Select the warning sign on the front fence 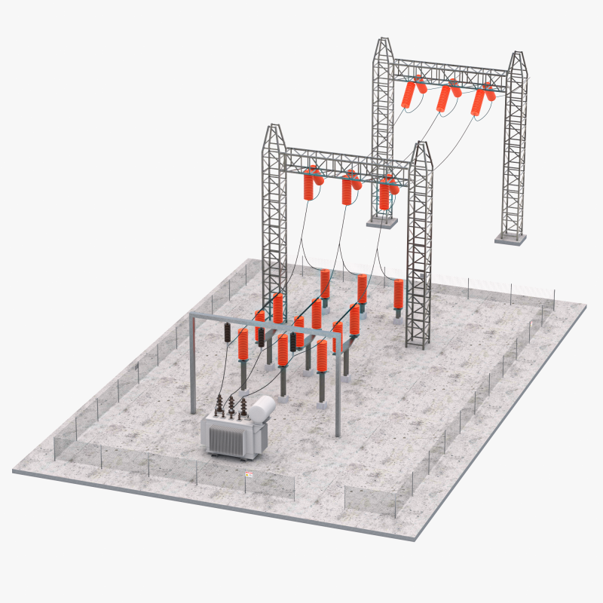click(248, 475)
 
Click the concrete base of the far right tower click(510, 238)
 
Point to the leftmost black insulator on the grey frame click(228, 332)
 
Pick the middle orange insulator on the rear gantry click(447, 98)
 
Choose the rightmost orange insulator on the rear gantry click(480, 102)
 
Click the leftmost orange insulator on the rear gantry click(412, 93)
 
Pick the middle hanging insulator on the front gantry click(347, 191)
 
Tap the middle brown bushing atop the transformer click(231, 407)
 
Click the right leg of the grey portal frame click(338, 392)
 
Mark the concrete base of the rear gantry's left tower click(380, 221)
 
